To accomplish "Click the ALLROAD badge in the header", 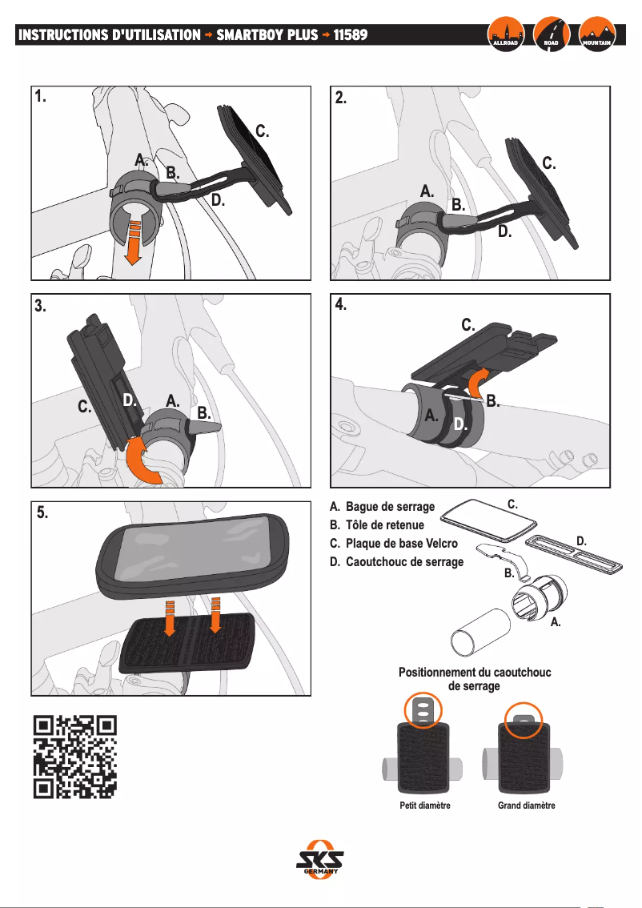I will pyautogui.click(x=506, y=34).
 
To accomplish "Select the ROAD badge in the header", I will pyautogui.click(x=551, y=34).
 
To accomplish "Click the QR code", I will pyautogui.click(x=76, y=757).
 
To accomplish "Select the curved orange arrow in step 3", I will pyautogui.click(x=146, y=460).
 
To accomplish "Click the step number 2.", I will pyautogui.click(x=341, y=98).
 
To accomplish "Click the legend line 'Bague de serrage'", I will pyautogui.click(x=383, y=508).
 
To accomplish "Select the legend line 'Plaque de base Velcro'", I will pyautogui.click(x=393, y=544).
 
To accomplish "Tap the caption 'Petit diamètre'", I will pyautogui.click(x=424, y=806).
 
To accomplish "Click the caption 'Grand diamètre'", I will pyautogui.click(x=526, y=806).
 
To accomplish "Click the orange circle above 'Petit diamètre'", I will pyautogui.click(x=423, y=708).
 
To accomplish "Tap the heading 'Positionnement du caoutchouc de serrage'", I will pyautogui.click(x=475, y=679).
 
